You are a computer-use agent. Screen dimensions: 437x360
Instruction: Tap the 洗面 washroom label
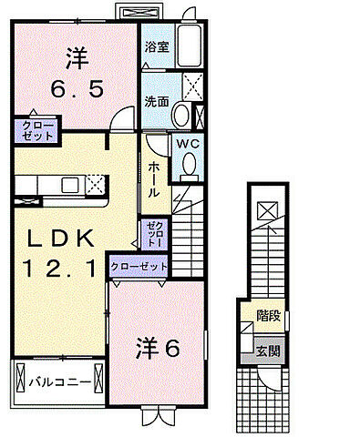[154, 103]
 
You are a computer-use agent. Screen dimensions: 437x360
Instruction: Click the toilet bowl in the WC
[190, 163]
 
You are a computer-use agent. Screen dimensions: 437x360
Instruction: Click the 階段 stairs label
[267, 318]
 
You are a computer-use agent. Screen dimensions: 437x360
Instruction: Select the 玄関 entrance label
[267, 351]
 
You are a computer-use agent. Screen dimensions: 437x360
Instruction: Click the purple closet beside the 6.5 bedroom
[36, 129]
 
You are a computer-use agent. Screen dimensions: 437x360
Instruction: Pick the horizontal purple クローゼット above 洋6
[139, 267]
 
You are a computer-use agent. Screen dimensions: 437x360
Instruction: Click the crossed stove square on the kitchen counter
[95, 185]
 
